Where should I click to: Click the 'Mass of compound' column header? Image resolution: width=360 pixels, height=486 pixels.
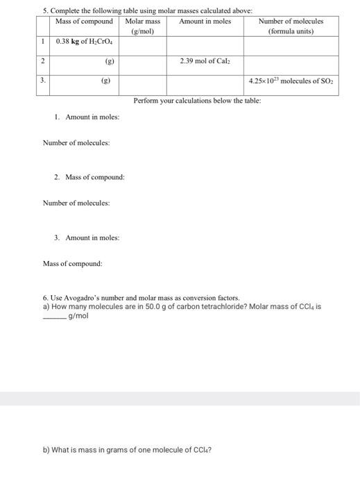tap(83, 22)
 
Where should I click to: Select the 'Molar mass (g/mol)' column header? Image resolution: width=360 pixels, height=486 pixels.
tap(142, 26)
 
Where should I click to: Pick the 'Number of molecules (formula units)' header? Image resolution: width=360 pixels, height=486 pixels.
tap(291, 26)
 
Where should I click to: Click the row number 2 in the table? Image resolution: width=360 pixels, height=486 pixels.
tap(43, 61)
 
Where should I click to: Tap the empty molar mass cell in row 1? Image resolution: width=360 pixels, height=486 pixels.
tap(142, 45)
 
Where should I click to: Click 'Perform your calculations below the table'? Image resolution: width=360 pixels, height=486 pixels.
tap(197, 101)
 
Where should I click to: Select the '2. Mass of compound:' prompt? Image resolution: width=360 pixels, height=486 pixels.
tap(89, 177)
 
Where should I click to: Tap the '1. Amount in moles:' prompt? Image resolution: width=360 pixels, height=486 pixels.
tap(87, 117)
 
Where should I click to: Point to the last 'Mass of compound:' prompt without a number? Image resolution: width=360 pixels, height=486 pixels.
tap(72, 264)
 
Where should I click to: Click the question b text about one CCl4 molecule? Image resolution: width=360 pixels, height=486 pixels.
tap(127, 449)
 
